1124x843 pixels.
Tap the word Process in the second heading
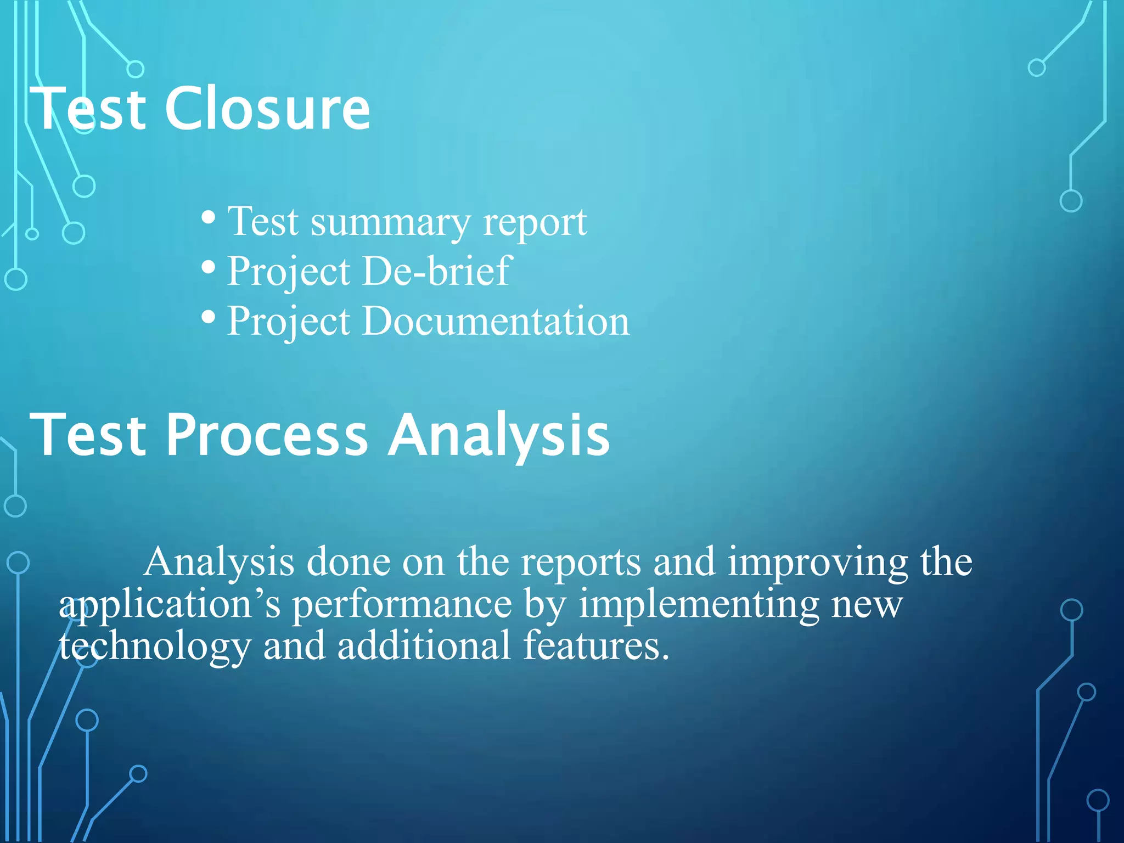[x=266, y=435]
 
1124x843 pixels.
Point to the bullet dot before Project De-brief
[x=208, y=268]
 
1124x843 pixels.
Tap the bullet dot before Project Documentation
[x=208, y=317]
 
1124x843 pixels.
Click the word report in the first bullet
[x=535, y=222]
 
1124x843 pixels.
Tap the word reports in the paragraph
[x=581, y=563]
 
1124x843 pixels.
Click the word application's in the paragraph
[x=170, y=605]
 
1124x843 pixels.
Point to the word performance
[x=402, y=605]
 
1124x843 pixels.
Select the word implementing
[x=699, y=605]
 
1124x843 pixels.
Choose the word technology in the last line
[x=155, y=647]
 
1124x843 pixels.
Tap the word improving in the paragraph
[x=818, y=563]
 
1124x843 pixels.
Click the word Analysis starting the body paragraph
[x=218, y=563]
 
